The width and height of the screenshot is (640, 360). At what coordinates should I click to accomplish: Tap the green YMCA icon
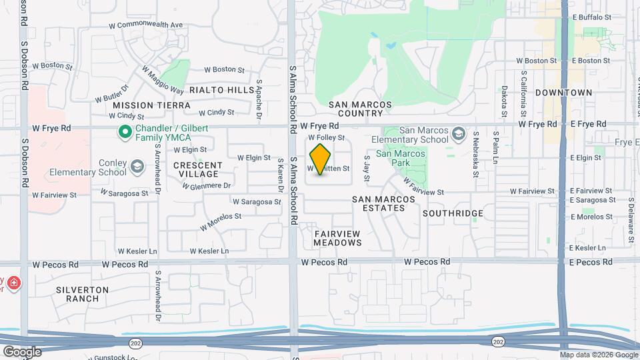[123, 132]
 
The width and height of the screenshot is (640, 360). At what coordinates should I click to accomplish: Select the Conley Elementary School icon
[137, 165]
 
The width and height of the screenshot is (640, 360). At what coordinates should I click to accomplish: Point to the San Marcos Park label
[400, 158]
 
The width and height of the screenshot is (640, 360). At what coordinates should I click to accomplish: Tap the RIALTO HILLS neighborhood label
[221, 90]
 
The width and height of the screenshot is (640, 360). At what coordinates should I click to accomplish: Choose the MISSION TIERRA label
[151, 105]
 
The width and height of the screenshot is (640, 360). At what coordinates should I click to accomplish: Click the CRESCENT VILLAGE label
[198, 169]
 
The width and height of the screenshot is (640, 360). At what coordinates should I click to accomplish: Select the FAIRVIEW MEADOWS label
[337, 238]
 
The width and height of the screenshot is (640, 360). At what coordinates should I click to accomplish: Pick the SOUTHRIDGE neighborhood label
[453, 213]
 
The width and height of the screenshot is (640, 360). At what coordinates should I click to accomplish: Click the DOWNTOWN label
[563, 93]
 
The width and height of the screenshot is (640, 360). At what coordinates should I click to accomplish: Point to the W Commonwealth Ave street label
[146, 25]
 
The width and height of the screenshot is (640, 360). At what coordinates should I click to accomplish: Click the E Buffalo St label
[591, 17]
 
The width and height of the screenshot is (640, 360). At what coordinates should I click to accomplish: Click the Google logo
[22, 351]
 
